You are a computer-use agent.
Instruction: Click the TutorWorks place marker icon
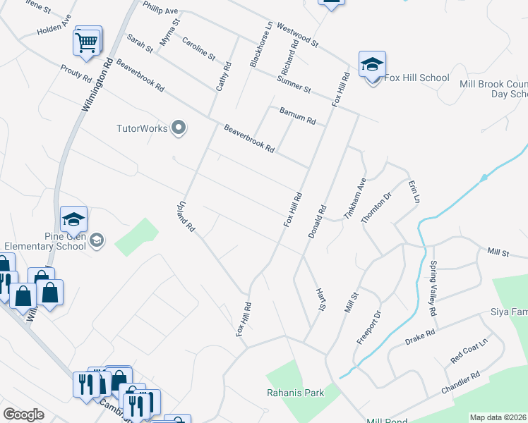[x=179, y=128]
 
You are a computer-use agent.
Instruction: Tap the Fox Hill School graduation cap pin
[x=372, y=66]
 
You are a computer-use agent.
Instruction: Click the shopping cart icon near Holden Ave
[x=87, y=42]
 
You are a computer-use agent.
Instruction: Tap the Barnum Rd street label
[x=297, y=116]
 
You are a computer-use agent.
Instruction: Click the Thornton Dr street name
[x=376, y=208]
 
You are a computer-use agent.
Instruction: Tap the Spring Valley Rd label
[x=433, y=288]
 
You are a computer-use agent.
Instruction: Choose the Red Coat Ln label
[x=470, y=352]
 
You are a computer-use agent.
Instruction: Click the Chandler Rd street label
[x=460, y=383]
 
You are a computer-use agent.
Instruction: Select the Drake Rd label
[x=420, y=337]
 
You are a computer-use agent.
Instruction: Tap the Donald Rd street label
[x=317, y=221]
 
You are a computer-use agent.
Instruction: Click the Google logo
[x=23, y=415]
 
